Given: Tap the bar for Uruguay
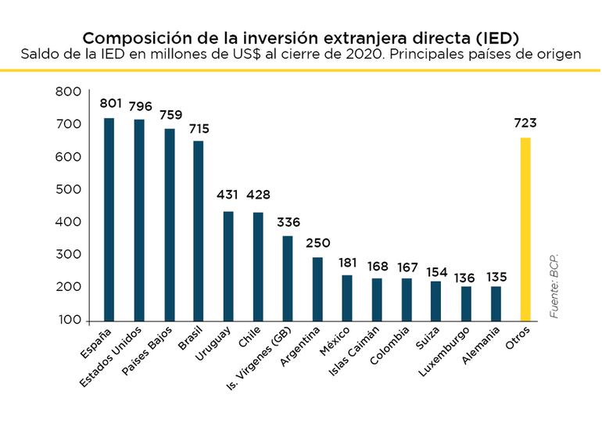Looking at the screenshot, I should [x=228, y=266].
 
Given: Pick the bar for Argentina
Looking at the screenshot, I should [x=317, y=289].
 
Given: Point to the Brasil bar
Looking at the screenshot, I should [x=199, y=231].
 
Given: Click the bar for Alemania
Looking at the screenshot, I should [x=496, y=303].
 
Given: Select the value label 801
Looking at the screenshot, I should [x=110, y=103].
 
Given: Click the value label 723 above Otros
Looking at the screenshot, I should [x=525, y=124].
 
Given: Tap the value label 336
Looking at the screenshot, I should [x=288, y=222].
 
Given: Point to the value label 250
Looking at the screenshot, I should [x=317, y=243].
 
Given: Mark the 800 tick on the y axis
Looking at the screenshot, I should [x=69, y=92].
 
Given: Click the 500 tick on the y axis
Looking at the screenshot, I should [x=69, y=190].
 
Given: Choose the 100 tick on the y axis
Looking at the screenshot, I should [x=69, y=320].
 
